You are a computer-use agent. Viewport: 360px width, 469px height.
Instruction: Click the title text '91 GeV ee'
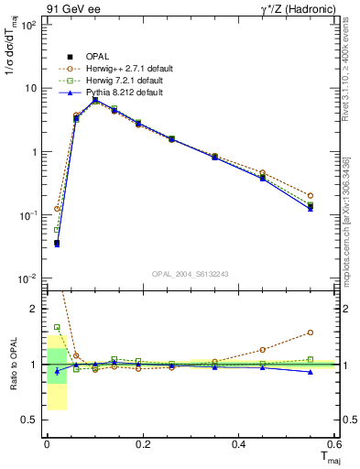(x=70, y=8)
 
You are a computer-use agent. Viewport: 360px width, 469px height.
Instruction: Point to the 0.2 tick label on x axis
(x=142, y=444)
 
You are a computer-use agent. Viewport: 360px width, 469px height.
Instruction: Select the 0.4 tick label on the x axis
(x=238, y=444)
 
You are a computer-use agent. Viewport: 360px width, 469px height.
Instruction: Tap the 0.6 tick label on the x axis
(x=334, y=444)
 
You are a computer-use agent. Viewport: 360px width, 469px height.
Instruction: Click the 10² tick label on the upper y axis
(x=29, y=25)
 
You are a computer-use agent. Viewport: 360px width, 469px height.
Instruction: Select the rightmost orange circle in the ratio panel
(x=311, y=333)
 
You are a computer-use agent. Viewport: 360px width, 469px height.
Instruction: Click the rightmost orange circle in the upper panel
(x=311, y=195)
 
